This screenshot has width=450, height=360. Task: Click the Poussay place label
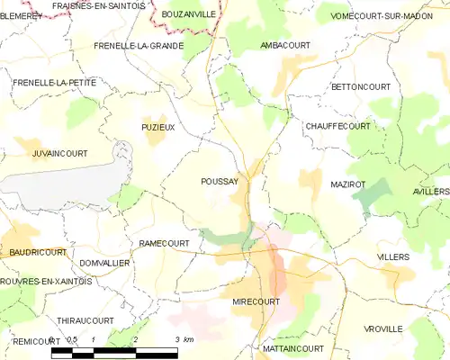(x=220, y=181)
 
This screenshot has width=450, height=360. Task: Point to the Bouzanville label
(x=188, y=15)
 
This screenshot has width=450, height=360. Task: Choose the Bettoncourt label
(x=361, y=86)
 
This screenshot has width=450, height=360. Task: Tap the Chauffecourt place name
(x=337, y=126)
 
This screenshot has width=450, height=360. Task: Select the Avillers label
(x=431, y=192)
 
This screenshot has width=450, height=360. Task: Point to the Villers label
(x=392, y=256)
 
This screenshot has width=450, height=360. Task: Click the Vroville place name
(x=383, y=329)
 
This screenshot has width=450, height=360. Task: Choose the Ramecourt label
(x=165, y=243)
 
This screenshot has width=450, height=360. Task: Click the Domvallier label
(x=105, y=262)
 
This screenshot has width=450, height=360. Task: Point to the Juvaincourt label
(x=59, y=154)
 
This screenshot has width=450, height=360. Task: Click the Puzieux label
(x=157, y=128)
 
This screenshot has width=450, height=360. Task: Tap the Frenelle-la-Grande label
(x=139, y=45)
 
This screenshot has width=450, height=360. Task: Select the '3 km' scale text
(x=184, y=339)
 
